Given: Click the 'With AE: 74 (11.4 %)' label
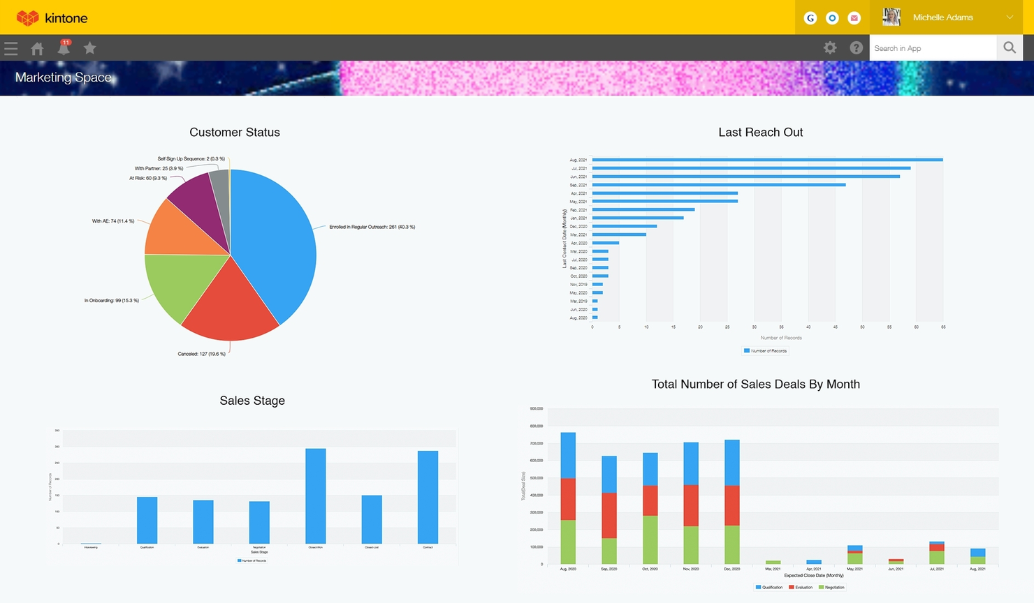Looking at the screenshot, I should coord(113,221).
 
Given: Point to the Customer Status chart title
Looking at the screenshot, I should coord(235,133).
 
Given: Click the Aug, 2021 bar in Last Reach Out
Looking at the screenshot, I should coord(767,160).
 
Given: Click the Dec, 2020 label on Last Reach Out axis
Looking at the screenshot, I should coord(578,227).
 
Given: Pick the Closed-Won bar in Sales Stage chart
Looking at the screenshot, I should coord(316,496).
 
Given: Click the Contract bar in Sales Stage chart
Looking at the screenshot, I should coord(428,497).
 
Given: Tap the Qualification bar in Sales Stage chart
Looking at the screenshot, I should coord(147,520).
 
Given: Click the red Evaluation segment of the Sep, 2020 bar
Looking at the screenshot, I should coord(609,515).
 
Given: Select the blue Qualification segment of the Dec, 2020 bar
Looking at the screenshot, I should coord(732,462).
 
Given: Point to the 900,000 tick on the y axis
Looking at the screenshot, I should coord(536,409).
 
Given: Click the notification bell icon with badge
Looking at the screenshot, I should coord(64,48).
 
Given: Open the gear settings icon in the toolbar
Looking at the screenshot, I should coord(830,48).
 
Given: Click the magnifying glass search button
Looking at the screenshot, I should coord(1010,48).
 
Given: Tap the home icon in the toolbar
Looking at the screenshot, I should coord(37,48).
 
